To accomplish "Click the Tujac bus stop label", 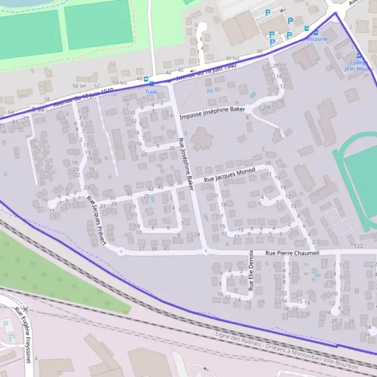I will (151, 90).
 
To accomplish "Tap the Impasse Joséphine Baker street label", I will (212, 112).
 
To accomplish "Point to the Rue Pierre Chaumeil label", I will (292, 253).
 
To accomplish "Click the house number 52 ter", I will (79, 85).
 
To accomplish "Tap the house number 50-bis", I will (119, 82).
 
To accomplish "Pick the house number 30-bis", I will (232, 58).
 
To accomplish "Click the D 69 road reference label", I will (38, 109).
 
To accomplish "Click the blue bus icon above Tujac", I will (145, 80).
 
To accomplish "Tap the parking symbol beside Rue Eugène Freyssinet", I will (6, 324).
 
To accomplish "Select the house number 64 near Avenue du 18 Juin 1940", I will (11, 112).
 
